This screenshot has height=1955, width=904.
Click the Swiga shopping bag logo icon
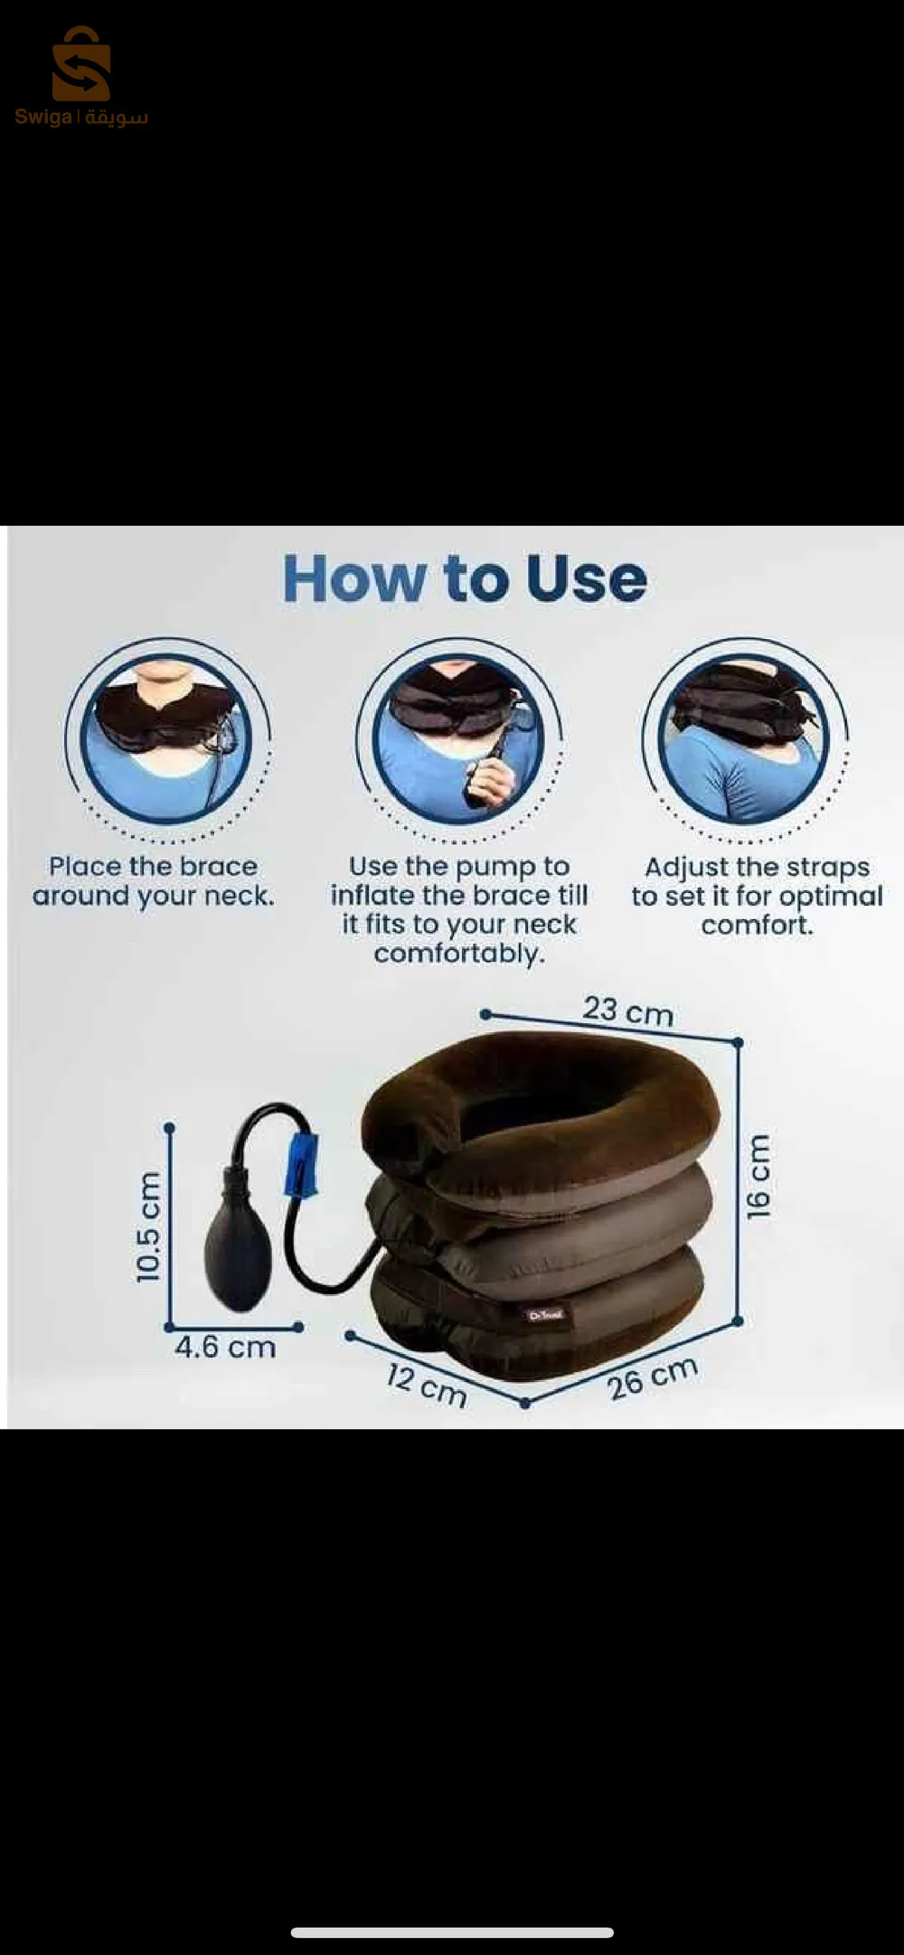(x=80, y=65)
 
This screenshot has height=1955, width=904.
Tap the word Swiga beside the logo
(x=42, y=117)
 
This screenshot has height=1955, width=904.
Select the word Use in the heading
(x=587, y=579)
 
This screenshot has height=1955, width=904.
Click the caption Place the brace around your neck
(x=153, y=881)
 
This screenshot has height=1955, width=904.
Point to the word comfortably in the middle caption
(x=459, y=954)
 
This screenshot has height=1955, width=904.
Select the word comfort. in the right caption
(x=758, y=926)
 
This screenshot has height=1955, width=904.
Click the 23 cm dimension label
(x=627, y=1010)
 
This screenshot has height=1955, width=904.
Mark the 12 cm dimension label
(x=426, y=1386)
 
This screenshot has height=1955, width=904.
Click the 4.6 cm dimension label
(x=225, y=1348)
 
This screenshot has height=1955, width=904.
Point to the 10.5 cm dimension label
(x=148, y=1227)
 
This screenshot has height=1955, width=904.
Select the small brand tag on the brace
(x=545, y=1315)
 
